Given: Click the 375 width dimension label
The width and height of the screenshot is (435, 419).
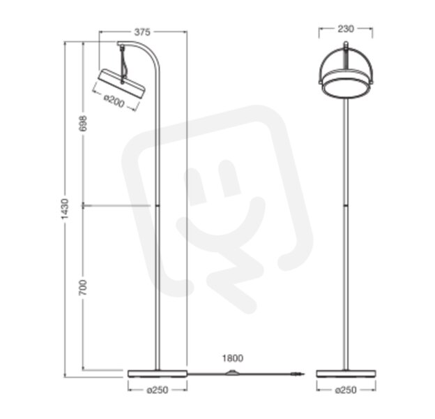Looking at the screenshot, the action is [142, 32].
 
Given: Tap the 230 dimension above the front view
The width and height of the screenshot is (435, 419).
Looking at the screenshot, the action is [346, 29].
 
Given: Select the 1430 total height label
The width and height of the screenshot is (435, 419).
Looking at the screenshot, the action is [65, 209].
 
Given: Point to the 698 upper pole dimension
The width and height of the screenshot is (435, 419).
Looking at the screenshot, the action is [83, 123].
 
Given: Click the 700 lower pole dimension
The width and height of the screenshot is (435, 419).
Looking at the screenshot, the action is [83, 288].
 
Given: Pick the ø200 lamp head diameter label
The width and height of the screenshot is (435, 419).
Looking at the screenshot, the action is [114, 101].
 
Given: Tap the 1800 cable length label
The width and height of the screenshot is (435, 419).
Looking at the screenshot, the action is [232, 358].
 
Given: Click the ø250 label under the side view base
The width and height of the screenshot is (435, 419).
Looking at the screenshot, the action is [158, 390].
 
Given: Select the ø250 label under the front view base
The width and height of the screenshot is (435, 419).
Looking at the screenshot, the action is [346, 390].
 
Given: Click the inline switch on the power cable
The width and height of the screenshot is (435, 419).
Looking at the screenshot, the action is [232, 373].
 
